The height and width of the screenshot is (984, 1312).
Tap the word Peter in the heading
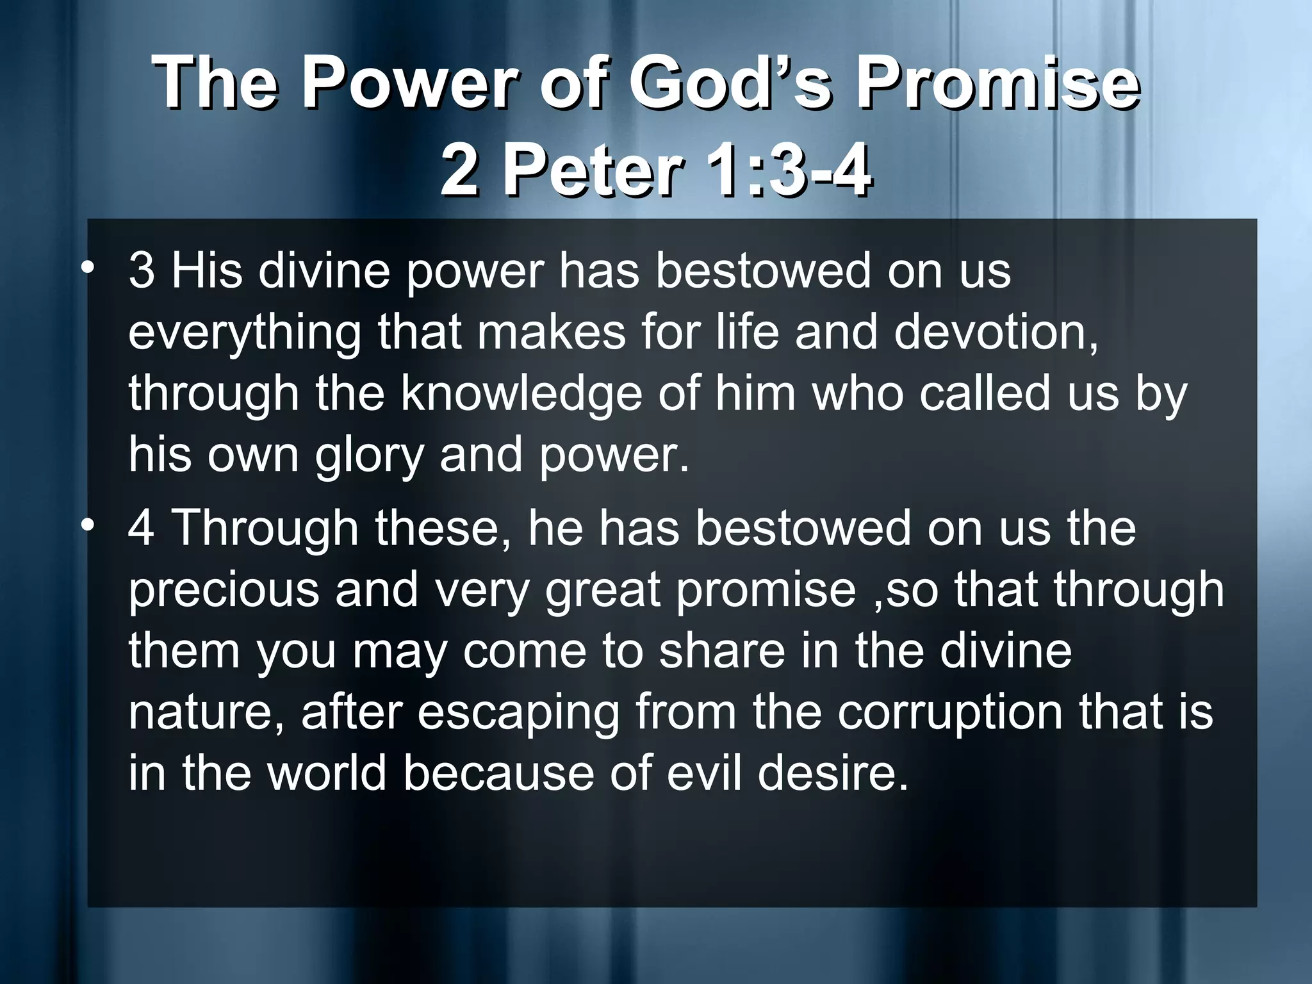coord(592,170)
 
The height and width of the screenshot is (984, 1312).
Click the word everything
coord(244,333)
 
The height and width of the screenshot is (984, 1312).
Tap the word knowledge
coord(521,394)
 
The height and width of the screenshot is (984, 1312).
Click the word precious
coord(224,590)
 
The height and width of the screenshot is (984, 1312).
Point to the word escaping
coord(518,712)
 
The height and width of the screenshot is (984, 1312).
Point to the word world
coord(327,773)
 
